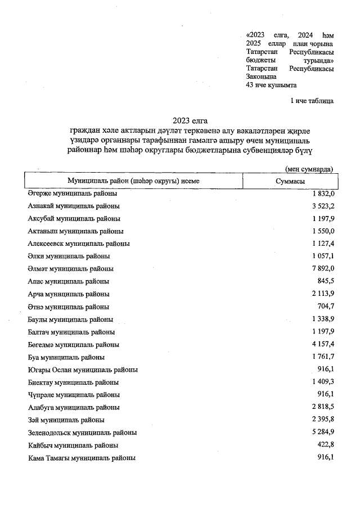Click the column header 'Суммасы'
(290, 181)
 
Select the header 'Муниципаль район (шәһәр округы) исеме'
(133, 181)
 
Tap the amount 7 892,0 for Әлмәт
(321, 269)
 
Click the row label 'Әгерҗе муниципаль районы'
(73, 193)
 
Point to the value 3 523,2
(321, 206)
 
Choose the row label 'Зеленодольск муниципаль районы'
(83, 433)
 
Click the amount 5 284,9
(321, 433)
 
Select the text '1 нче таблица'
(312, 101)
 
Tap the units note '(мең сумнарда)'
(309, 169)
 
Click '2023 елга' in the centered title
(190, 120)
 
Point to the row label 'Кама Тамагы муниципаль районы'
(82, 458)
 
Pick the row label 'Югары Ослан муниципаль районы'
(83, 370)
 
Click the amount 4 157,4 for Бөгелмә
(321, 344)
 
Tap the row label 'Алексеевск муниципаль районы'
(79, 244)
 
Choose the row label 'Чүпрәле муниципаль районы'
(74, 395)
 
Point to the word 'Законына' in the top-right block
(262, 76)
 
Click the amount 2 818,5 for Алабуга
(321, 407)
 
